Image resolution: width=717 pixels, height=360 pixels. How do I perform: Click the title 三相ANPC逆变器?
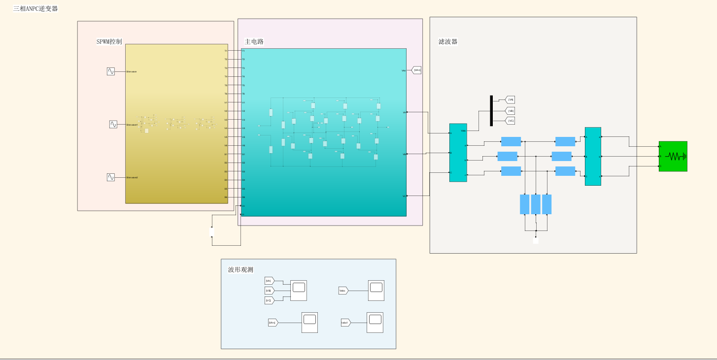35,8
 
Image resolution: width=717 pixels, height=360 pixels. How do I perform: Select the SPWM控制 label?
109,41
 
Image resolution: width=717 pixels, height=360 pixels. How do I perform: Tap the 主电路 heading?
254,41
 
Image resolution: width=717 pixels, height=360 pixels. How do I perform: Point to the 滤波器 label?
448,41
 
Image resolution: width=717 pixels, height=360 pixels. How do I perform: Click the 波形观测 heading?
240,269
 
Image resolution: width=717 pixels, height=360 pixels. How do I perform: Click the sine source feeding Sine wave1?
113,125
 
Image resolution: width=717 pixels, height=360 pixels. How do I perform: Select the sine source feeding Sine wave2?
111,177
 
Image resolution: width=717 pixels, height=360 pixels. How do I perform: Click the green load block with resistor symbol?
673,157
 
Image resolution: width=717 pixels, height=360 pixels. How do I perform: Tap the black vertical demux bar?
491,111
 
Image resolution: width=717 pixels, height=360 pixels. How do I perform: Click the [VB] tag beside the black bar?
511,111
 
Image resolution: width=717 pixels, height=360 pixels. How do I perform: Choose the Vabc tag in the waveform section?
343,291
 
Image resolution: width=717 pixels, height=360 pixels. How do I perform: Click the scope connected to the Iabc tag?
375,323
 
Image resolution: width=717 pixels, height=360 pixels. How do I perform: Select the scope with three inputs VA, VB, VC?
298,291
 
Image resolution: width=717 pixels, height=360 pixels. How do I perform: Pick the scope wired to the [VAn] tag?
309,323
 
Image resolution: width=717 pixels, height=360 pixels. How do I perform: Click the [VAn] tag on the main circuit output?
416,70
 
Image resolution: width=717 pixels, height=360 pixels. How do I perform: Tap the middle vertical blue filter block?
536,204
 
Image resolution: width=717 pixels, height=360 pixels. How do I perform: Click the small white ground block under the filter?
536,240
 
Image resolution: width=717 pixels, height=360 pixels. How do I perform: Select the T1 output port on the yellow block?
226,51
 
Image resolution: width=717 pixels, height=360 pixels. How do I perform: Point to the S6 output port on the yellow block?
226,197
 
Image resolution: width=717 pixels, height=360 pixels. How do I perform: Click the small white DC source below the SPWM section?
212,231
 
